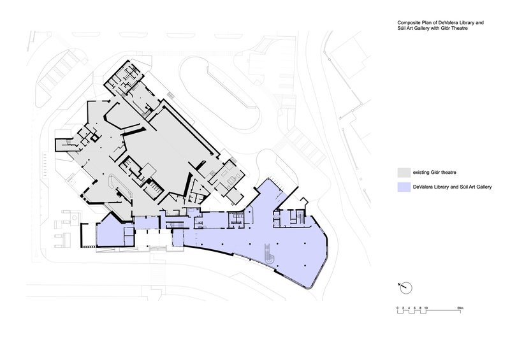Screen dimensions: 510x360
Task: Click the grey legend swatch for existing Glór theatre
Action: point(404,173)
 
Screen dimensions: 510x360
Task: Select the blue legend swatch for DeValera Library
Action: point(404,187)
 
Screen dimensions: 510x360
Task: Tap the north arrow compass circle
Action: point(406,288)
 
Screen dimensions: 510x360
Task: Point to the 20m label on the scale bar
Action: point(460,308)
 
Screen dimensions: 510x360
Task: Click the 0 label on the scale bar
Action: point(397,308)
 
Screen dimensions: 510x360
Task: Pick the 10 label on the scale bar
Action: point(426,308)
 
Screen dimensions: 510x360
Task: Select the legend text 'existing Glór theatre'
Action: point(434,173)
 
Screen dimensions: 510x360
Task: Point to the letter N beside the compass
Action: point(399,285)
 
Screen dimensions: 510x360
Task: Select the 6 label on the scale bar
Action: point(414,308)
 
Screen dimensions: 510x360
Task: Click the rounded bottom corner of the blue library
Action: point(310,287)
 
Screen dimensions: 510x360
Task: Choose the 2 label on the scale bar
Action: point(403,308)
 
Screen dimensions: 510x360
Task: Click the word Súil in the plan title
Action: point(401,28)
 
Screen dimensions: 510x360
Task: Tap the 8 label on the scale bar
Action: point(420,308)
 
